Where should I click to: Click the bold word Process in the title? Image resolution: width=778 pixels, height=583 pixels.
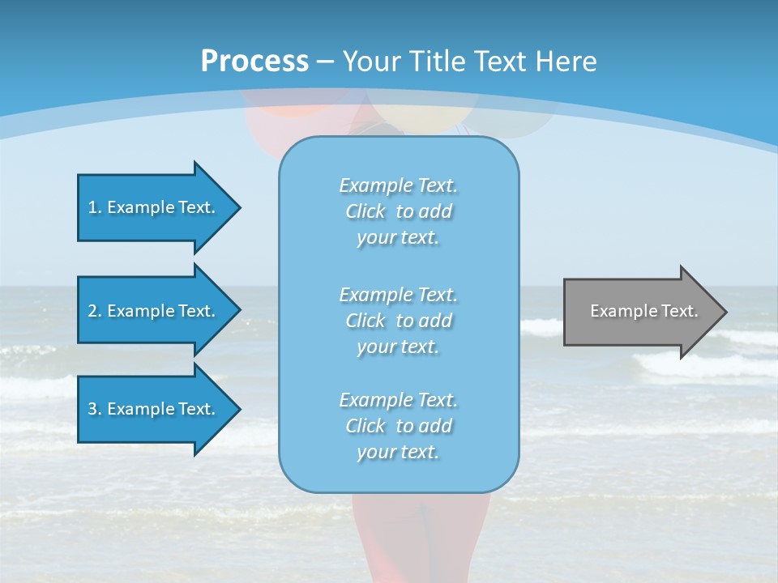[x=254, y=62]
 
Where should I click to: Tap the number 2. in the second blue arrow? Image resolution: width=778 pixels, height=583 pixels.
[x=95, y=311]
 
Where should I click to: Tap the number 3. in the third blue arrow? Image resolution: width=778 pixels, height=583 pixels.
[x=95, y=409]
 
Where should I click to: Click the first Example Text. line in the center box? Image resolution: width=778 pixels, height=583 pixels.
[x=398, y=185]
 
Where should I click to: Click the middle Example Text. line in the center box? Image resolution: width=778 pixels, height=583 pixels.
[x=398, y=295]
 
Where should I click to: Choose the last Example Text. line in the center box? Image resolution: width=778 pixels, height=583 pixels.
[x=398, y=400]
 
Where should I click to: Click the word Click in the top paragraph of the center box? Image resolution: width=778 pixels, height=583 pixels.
[x=365, y=211]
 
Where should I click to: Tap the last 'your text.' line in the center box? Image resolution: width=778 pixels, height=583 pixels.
[x=398, y=452]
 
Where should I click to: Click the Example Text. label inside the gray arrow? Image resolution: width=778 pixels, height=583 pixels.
[x=643, y=311]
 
